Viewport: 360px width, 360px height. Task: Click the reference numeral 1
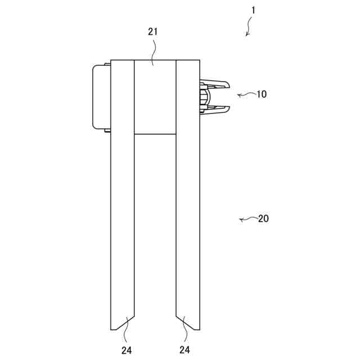click(x=253, y=10)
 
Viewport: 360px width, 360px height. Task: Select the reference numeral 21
click(x=153, y=31)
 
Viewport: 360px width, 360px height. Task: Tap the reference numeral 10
click(x=262, y=94)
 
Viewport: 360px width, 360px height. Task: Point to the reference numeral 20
click(x=263, y=219)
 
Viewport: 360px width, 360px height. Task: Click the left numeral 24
click(x=127, y=350)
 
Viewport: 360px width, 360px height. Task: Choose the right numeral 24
click(x=185, y=350)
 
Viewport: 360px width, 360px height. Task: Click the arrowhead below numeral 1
click(x=247, y=34)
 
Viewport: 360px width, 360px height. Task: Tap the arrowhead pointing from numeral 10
click(x=239, y=95)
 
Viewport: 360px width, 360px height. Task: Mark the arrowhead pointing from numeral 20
click(x=241, y=220)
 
